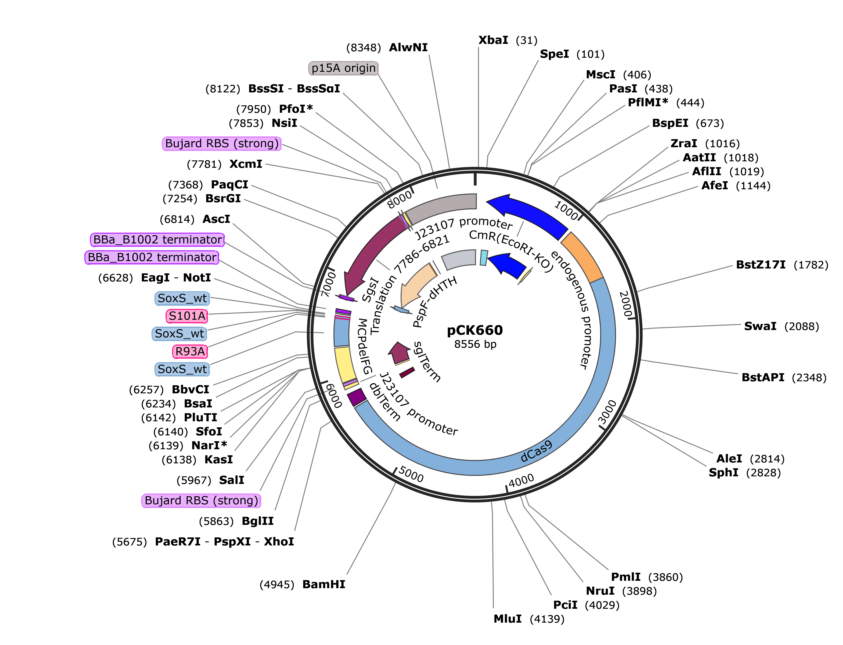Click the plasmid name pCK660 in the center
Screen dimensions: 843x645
tap(475, 330)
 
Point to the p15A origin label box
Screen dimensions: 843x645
tap(343, 68)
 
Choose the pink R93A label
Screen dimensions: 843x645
tap(190, 351)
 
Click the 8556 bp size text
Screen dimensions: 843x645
tap(475, 344)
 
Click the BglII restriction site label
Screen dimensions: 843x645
tap(258, 521)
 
